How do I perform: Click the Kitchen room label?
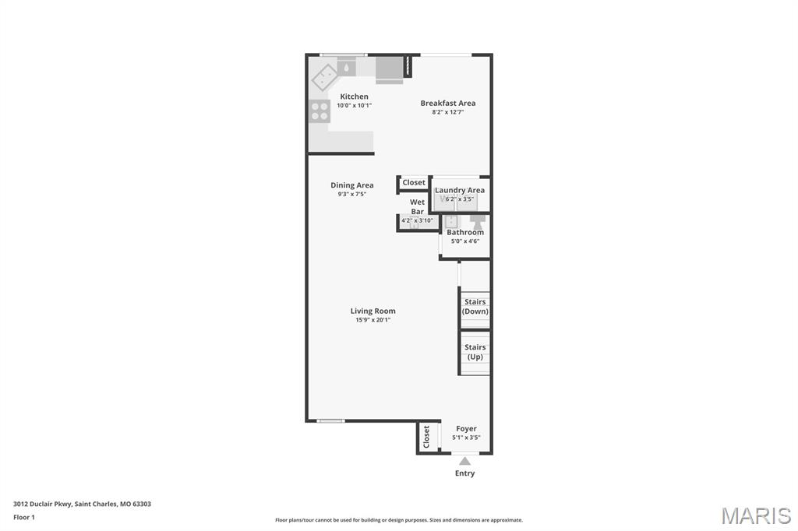pyautogui.click(x=355, y=96)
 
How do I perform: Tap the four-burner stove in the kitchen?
pyautogui.click(x=320, y=111)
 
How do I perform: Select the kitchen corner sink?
pyautogui.click(x=325, y=77)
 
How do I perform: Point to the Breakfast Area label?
pyautogui.click(x=448, y=103)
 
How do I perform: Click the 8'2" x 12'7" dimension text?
pyautogui.click(x=448, y=112)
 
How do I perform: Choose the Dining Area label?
pyautogui.click(x=352, y=185)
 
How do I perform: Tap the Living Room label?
pyautogui.click(x=373, y=311)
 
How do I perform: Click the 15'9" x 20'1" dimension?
pyautogui.click(x=373, y=320)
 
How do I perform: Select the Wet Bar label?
pyautogui.click(x=418, y=206)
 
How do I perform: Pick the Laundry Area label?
pyautogui.click(x=460, y=190)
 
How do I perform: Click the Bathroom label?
pyautogui.click(x=465, y=232)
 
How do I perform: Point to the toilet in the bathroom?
pyautogui.click(x=478, y=221)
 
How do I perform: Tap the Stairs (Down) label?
pyautogui.click(x=475, y=306)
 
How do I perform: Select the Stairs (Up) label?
pyautogui.click(x=475, y=352)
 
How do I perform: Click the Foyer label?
pyautogui.click(x=466, y=428)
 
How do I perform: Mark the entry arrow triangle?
pyautogui.click(x=464, y=461)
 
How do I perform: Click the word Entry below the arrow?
pyautogui.click(x=464, y=473)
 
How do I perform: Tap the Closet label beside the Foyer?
pyautogui.click(x=426, y=436)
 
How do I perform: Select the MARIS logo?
pyautogui.click(x=756, y=515)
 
